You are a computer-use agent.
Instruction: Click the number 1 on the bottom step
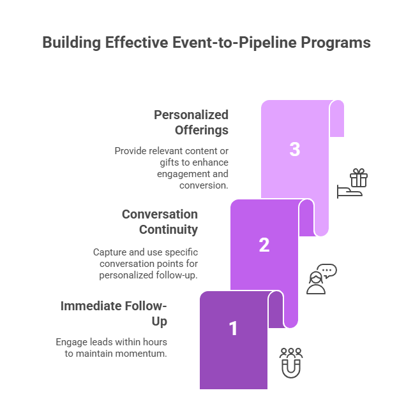[234, 328]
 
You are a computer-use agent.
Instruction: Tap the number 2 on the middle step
[264, 245]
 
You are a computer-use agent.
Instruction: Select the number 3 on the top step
[294, 150]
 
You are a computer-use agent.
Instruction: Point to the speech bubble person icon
[321, 279]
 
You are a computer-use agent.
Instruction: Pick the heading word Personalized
[191, 115]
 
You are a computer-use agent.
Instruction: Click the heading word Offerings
[202, 130]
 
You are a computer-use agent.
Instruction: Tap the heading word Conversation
[160, 214]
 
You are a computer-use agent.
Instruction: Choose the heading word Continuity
[168, 229]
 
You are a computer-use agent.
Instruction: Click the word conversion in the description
[204, 185]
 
